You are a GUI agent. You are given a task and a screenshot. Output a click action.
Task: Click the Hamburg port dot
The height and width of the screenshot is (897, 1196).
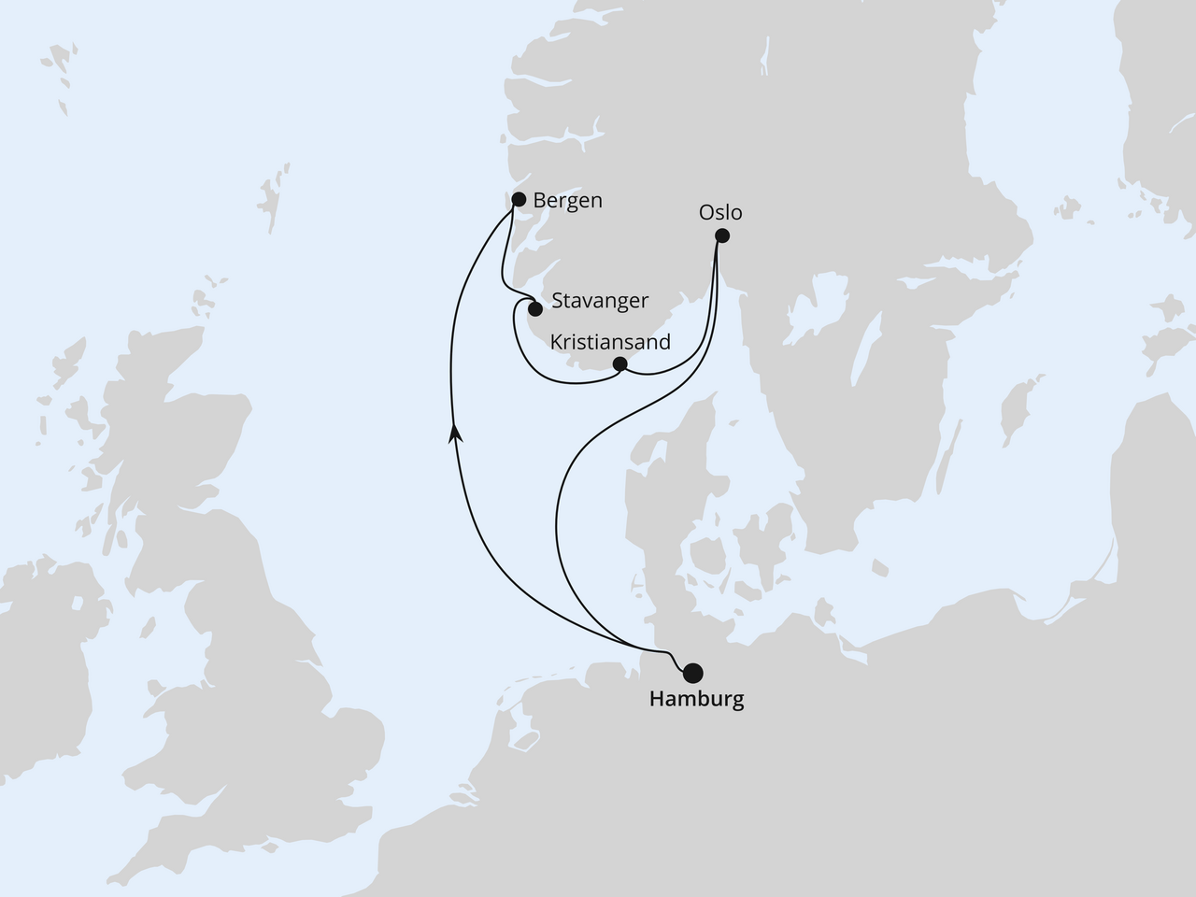692,672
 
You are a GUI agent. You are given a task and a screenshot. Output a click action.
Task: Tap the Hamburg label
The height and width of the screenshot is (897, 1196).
696,699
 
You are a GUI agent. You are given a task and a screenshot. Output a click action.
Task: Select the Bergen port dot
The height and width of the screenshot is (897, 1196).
519,199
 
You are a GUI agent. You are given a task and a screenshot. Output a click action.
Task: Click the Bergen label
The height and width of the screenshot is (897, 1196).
567,200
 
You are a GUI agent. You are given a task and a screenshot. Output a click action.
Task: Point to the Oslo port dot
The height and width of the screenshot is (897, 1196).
721,236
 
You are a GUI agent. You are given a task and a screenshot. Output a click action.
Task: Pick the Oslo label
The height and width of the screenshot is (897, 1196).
720,212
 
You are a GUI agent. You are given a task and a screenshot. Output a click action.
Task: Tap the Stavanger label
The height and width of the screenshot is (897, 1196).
600,301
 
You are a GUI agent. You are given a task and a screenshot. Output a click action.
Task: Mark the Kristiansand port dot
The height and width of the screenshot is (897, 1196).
619,363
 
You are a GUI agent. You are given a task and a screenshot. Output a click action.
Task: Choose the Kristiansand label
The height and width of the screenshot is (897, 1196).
610,342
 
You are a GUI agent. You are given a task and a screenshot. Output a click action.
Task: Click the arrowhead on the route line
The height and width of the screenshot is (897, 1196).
455,432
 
